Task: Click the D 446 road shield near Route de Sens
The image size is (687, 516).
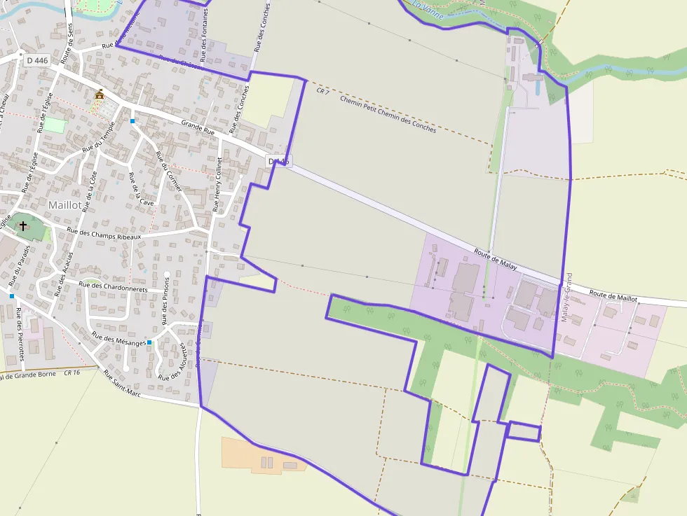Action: tap(37, 61)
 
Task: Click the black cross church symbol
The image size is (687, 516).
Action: tap(23, 225)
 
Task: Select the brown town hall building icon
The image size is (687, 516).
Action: tap(100, 95)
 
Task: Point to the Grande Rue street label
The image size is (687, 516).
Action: tap(198, 128)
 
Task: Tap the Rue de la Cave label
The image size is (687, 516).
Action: tap(140, 190)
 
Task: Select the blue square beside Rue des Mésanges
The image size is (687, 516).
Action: tap(149, 342)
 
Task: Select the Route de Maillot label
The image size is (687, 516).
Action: tap(613, 296)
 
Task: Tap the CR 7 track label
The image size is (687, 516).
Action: tap(322, 90)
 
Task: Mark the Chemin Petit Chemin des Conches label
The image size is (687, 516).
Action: tap(388, 114)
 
